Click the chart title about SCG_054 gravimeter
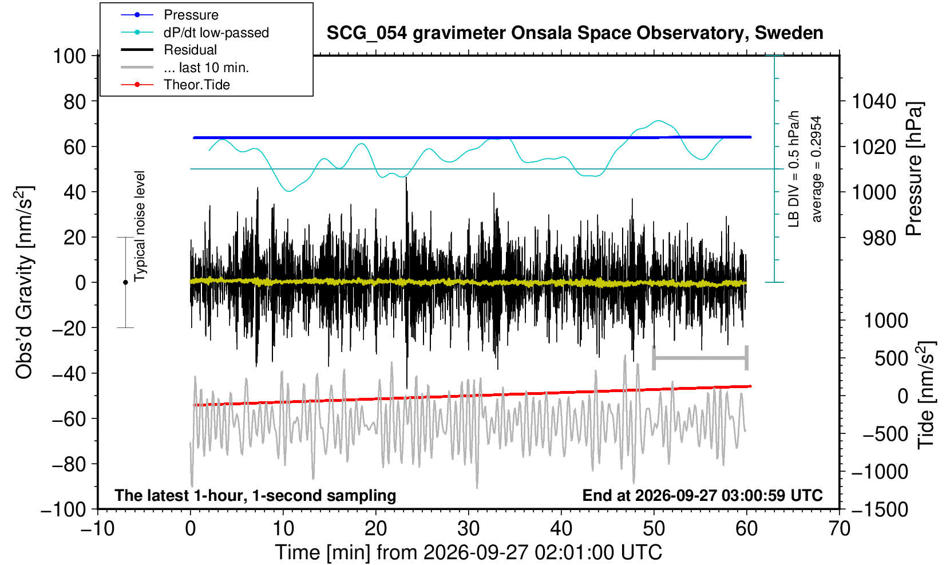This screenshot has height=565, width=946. click(x=575, y=33)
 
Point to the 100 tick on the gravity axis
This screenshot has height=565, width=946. click(x=69, y=56)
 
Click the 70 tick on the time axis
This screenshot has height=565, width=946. click(x=839, y=529)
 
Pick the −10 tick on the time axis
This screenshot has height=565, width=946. click(x=97, y=529)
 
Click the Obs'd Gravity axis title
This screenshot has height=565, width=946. click(x=25, y=283)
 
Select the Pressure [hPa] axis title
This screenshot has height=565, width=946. click(x=915, y=168)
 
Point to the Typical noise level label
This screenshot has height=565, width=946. click(x=140, y=226)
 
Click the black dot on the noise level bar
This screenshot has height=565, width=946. click(x=125, y=282)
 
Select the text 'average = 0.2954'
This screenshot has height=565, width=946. click(x=817, y=169)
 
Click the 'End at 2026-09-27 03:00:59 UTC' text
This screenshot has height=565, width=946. click(x=703, y=495)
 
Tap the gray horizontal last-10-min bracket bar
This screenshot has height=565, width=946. click(x=700, y=358)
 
